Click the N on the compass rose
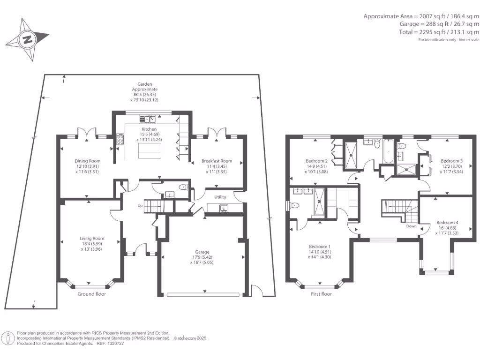point(28,39)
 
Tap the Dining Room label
point(88,161)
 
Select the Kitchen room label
point(149,129)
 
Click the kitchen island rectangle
point(150,150)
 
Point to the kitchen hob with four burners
point(120,139)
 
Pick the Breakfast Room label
point(217,161)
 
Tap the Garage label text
point(202,252)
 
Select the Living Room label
point(92,239)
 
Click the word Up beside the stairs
point(140,206)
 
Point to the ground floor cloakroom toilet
point(184,187)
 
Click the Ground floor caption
point(91,294)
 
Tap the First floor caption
point(321,294)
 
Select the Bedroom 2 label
point(316,161)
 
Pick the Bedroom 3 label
point(451,161)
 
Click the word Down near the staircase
point(411,226)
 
